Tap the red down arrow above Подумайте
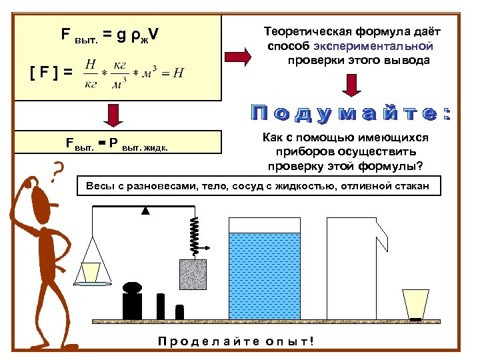[351, 85]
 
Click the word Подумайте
[350, 113]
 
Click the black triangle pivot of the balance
[145, 211]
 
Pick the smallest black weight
[179, 312]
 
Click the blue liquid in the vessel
[265, 275]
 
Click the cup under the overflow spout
[416, 304]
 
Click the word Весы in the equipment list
[100, 185]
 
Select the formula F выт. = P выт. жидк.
[117, 143]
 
